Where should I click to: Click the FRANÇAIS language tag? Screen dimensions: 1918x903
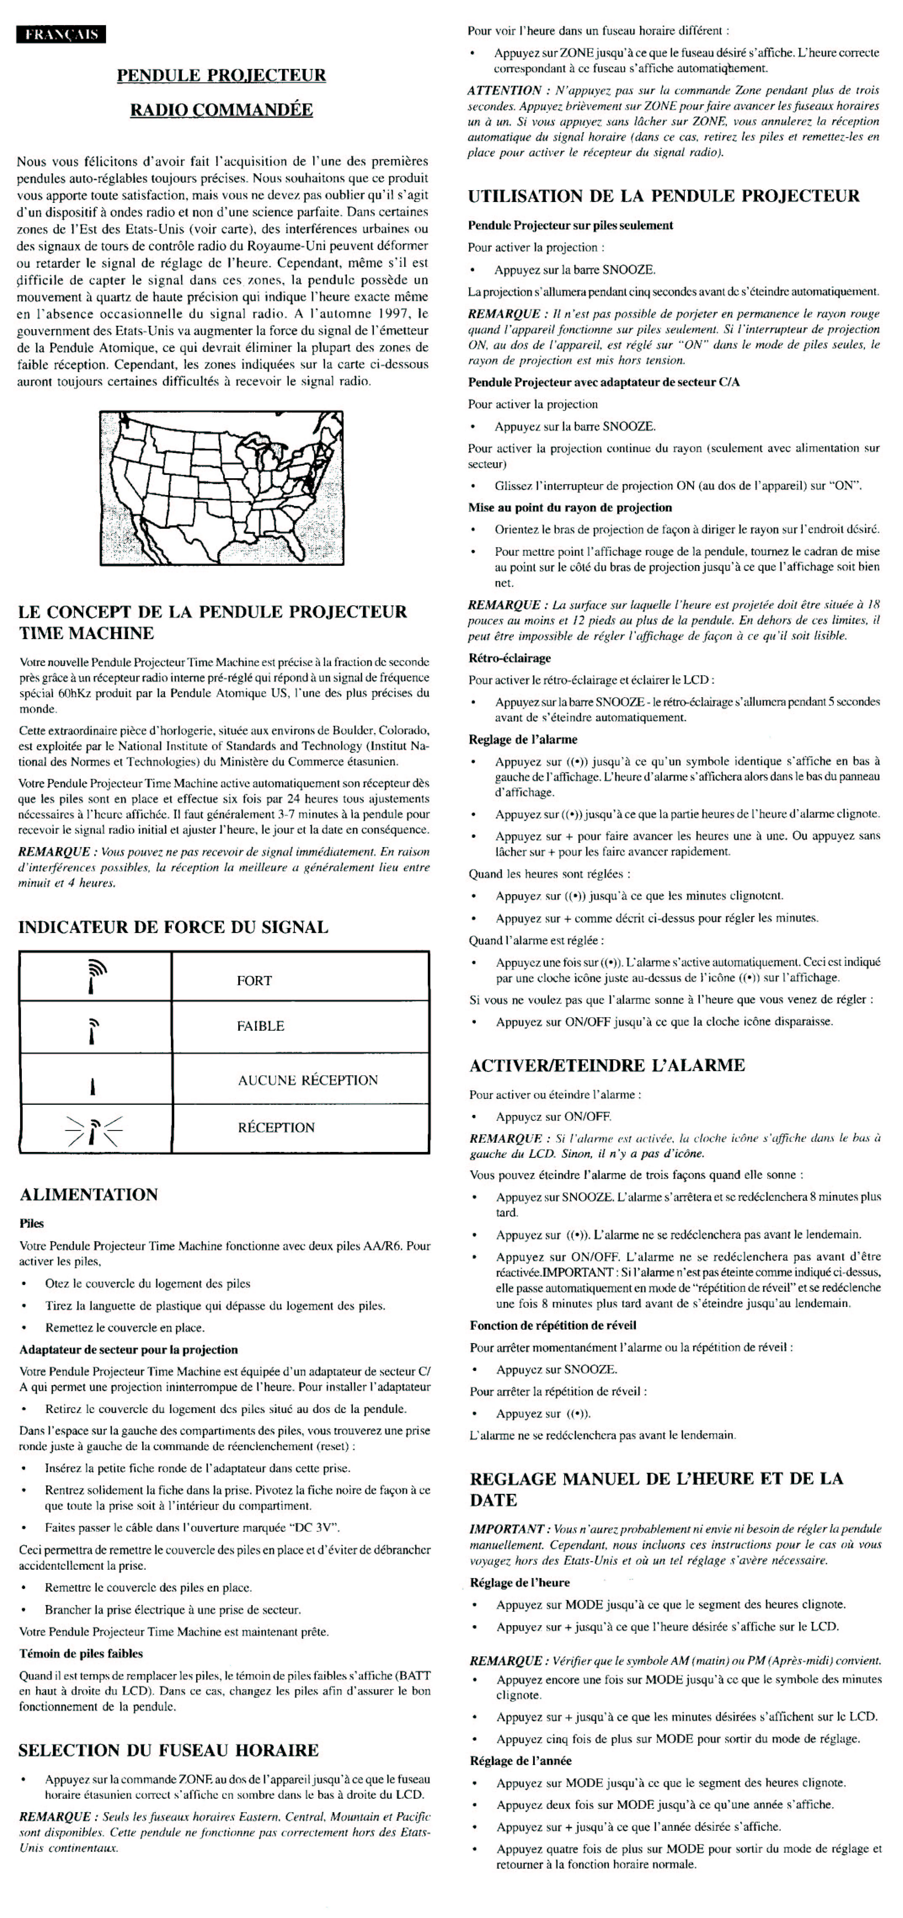tap(61, 34)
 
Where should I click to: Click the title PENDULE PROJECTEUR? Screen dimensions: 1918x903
tap(221, 75)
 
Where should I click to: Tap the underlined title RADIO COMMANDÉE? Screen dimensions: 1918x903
tap(221, 110)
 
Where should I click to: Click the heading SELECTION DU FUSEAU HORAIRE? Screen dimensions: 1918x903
tap(168, 1750)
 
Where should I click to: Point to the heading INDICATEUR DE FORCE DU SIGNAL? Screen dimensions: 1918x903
tap(173, 927)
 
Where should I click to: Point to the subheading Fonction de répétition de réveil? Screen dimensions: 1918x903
tap(552, 1325)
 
